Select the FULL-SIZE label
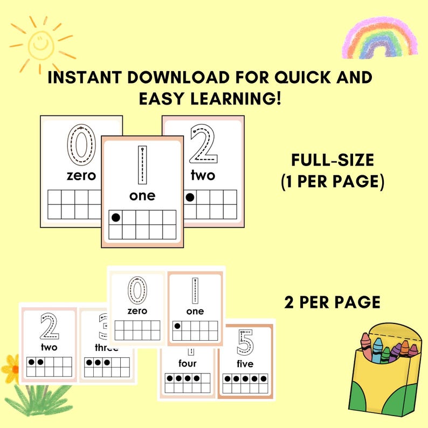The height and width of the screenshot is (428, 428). pyautogui.click(x=332, y=161)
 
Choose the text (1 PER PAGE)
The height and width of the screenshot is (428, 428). pyautogui.click(x=332, y=182)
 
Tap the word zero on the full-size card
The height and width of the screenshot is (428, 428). pyautogui.click(x=81, y=176)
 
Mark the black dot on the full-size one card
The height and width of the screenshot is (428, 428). pyautogui.click(x=115, y=217)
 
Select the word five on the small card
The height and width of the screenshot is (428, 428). pyautogui.click(x=245, y=364)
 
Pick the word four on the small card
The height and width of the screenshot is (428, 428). pyautogui.click(x=188, y=364)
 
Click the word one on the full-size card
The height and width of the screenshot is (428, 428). pyautogui.click(x=142, y=196)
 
